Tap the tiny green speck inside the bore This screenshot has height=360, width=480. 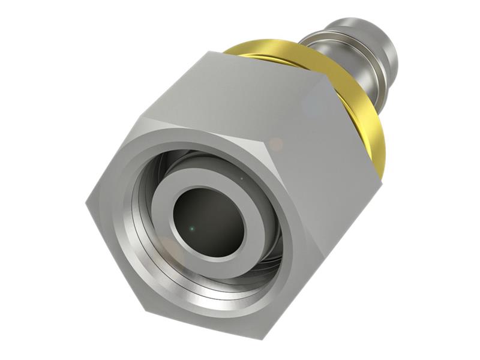tap(191, 228)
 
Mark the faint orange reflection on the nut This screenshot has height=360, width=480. tap(275, 143)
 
